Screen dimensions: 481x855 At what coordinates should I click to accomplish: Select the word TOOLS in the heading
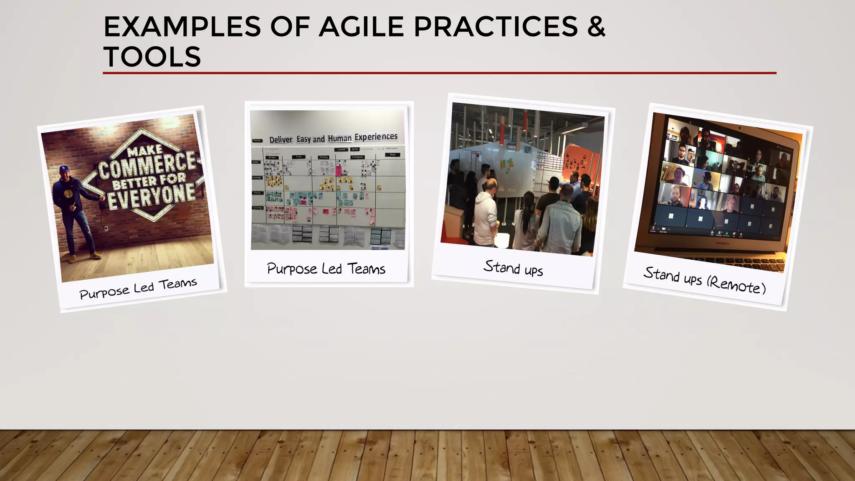tap(152, 57)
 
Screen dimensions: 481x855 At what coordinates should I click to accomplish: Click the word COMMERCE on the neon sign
tap(147, 165)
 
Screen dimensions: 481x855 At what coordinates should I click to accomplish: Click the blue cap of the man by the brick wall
tap(64, 169)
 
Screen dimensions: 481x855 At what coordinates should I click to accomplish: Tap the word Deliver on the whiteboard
tap(281, 140)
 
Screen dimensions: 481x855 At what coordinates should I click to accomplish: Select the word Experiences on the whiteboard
tap(376, 137)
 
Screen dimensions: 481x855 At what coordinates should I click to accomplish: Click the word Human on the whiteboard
tap(339, 138)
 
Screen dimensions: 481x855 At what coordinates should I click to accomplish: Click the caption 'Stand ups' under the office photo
tap(513, 268)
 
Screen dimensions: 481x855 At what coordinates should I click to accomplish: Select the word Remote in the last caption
tap(737, 285)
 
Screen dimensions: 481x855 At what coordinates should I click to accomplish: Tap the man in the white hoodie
tap(486, 215)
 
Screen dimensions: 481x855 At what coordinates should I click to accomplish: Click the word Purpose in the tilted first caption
tap(104, 292)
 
